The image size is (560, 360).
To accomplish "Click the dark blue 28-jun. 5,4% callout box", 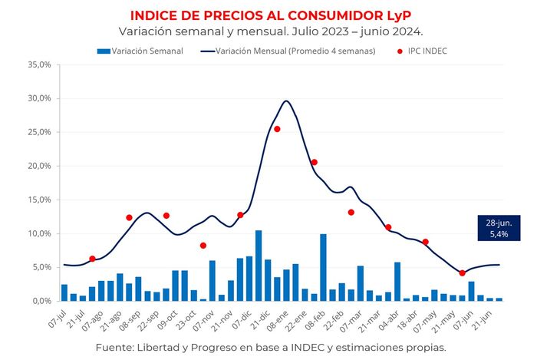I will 498,228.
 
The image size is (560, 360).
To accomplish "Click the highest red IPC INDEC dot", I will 277,129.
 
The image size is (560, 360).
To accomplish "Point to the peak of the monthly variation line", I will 286,101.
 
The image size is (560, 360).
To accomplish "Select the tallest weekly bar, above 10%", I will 259,266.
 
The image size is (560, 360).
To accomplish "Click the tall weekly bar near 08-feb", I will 323,267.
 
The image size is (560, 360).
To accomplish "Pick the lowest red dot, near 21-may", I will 462,273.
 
